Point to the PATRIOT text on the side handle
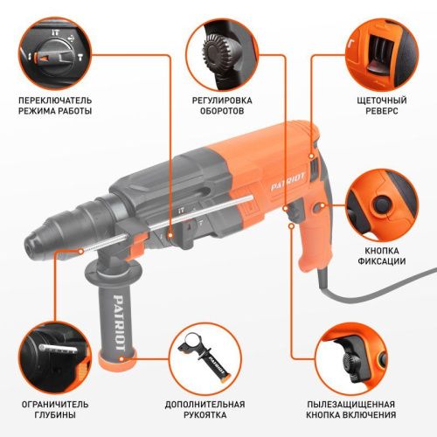pos(118,316)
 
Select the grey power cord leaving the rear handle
pos(385,286)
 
